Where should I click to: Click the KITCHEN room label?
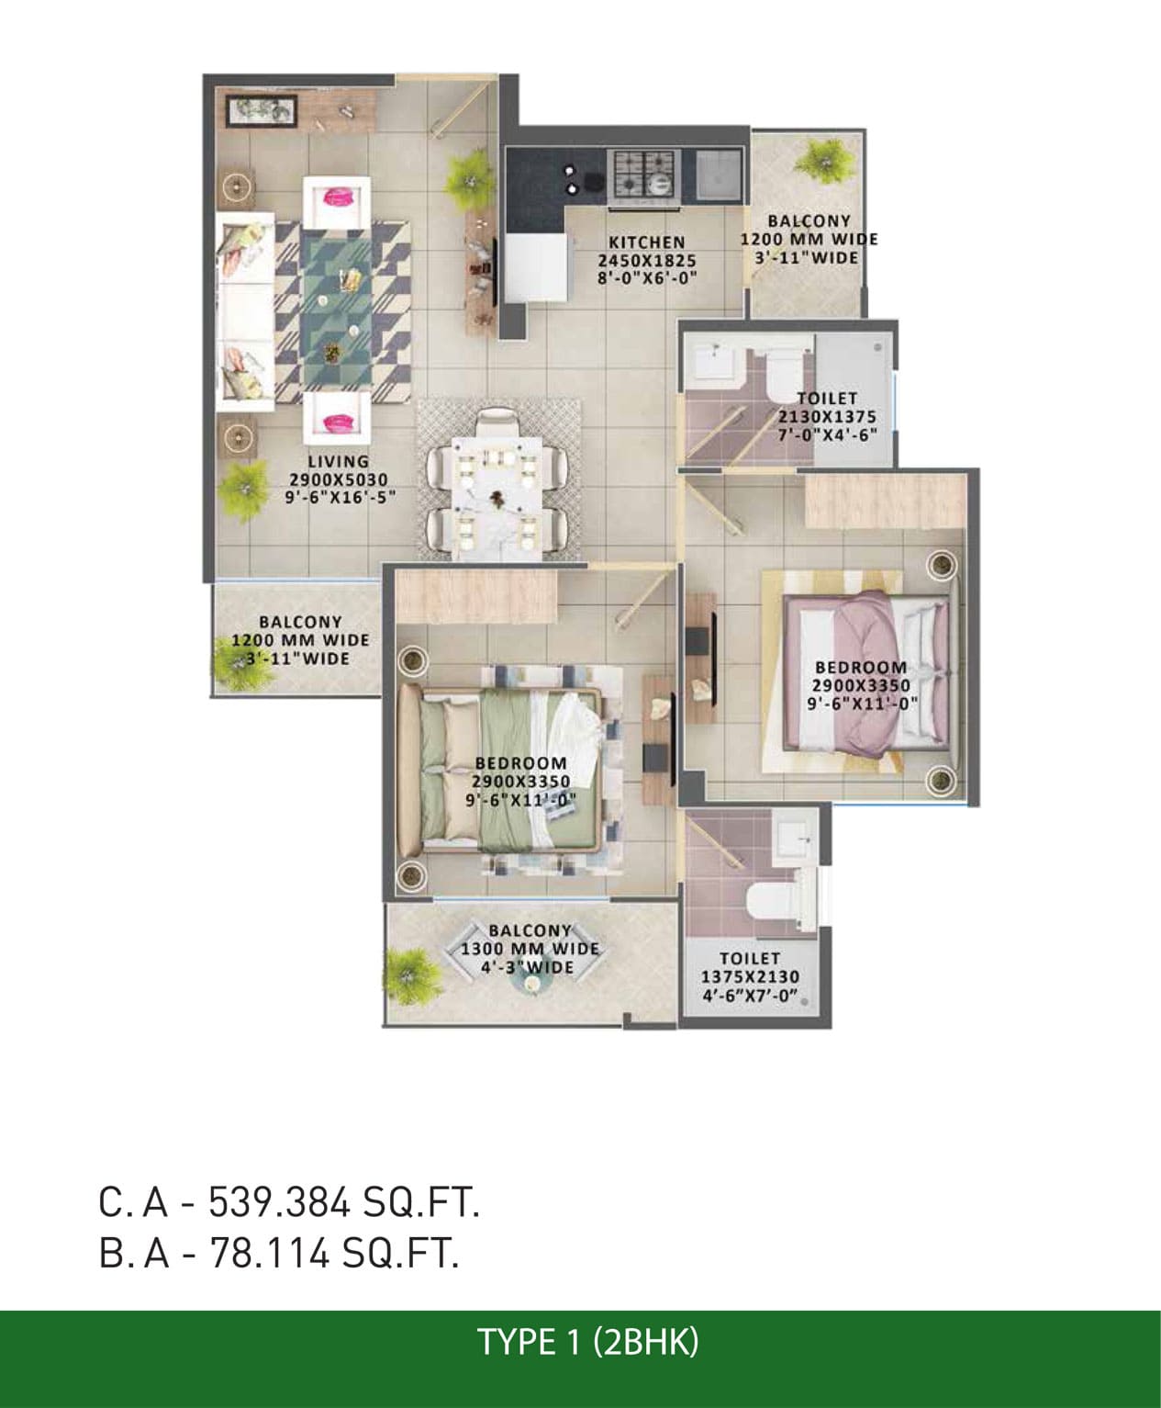[x=646, y=242]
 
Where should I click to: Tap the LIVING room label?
[x=339, y=462]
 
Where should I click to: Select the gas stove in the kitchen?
[x=642, y=175]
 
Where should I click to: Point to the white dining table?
[x=497, y=497]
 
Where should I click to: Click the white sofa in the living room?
[x=245, y=311]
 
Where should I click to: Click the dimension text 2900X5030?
[x=339, y=480]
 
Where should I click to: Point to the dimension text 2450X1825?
[x=647, y=260]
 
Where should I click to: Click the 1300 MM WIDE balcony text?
[x=530, y=949]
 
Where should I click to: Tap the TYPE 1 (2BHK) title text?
[x=587, y=1342]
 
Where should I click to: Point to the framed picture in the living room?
[x=262, y=110]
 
